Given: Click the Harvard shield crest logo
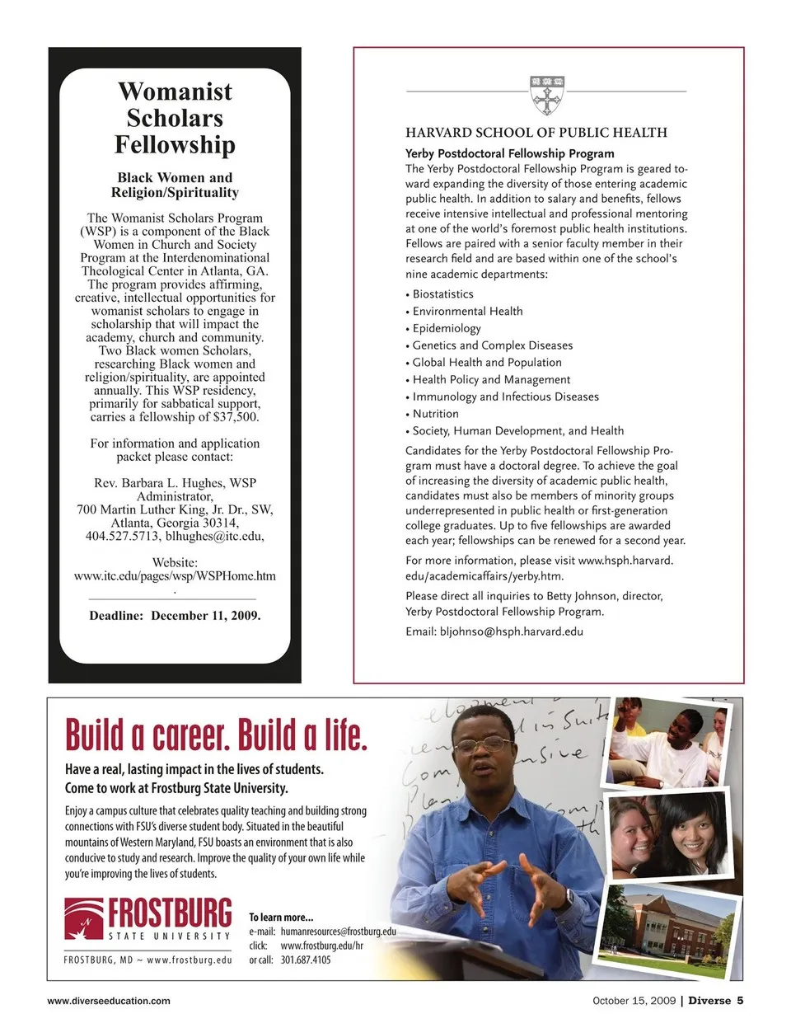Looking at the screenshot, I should click(547, 95).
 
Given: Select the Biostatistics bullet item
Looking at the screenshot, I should click(442, 294).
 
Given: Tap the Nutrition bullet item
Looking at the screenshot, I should click(435, 414).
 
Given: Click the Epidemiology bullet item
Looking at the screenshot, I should click(446, 328).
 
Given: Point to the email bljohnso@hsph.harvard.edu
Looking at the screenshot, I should click(511, 631).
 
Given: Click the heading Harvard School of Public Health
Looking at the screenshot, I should click(536, 133).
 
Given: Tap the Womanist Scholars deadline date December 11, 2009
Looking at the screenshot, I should click(205, 616).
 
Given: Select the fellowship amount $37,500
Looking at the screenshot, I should click(235, 417).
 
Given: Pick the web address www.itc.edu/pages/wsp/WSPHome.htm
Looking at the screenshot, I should click(175, 576).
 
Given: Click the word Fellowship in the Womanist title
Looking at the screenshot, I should click(175, 145).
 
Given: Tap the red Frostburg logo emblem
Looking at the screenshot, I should click(85, 919).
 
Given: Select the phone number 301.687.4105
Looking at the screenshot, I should click(305, 960).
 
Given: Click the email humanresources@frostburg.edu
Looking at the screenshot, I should click(338, 932).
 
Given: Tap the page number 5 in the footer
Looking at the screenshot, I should click(740, 1001).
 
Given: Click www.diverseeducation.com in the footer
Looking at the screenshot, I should click(109, 1001).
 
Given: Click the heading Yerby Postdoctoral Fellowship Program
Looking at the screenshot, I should click(509, 153).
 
